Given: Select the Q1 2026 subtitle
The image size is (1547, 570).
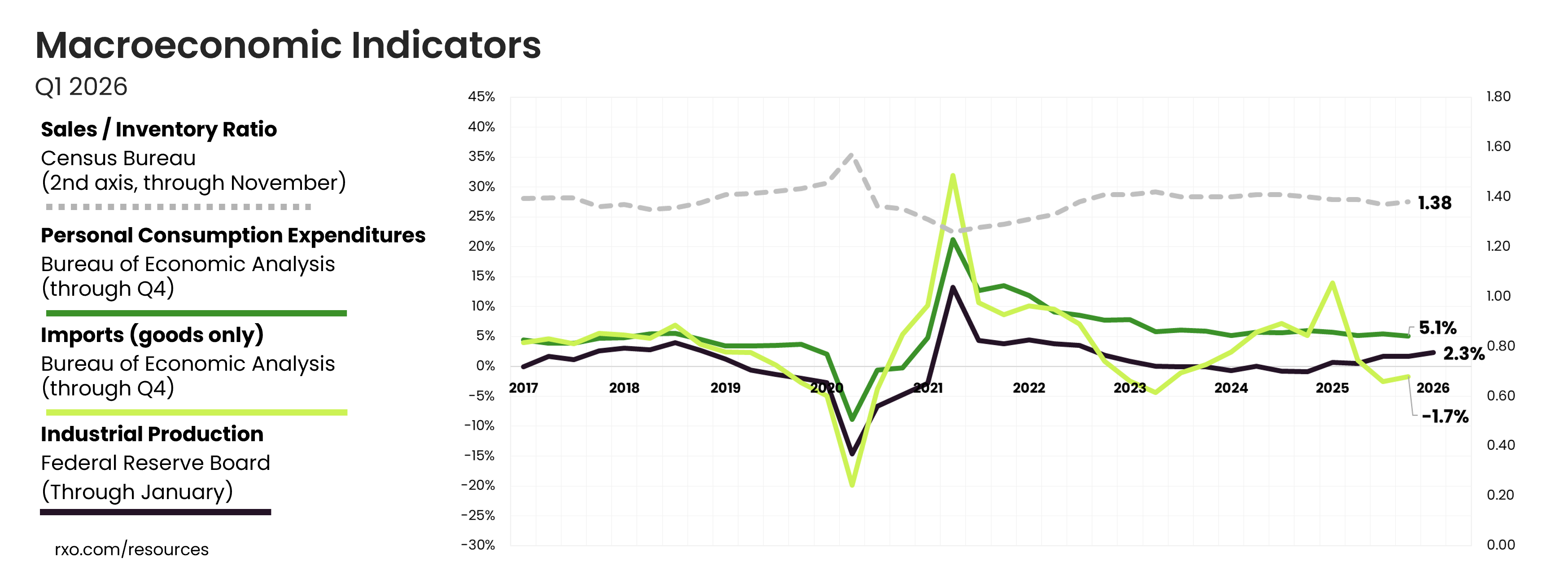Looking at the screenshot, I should point(81,87).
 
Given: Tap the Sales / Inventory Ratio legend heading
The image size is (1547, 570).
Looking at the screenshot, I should point(158,129).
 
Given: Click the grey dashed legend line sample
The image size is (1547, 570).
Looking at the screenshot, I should point(179,206).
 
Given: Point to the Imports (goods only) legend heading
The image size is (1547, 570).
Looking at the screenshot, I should point(152,334).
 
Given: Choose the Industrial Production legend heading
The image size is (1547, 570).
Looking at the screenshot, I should point(152,434).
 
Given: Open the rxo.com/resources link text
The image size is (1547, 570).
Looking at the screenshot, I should point(131,549).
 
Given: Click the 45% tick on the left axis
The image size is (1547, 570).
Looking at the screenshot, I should point(481,96).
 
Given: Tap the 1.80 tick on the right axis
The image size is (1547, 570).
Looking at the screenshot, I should point(1498,96).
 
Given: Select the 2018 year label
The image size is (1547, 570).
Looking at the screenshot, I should point(624,388).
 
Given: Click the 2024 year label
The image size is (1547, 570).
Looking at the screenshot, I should point(1231,388).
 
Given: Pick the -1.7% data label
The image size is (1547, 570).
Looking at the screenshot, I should point(1445,416).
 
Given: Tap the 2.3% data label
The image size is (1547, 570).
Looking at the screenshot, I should point(1464,353).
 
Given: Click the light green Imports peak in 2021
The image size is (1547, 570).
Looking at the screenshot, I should point(953,175).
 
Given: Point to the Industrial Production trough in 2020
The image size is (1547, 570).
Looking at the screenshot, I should point(852,453).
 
